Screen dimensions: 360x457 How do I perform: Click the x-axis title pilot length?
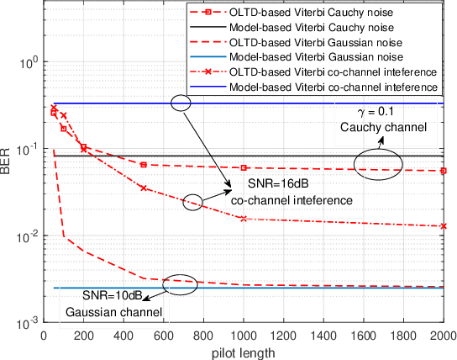tap(244, 351)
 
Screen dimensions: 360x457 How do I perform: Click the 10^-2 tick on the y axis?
tap(27, 236)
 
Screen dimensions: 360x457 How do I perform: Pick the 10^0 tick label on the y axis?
tap(27, 63)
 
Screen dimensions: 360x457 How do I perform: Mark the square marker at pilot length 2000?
tap(443, 171)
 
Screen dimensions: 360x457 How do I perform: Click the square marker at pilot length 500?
tap(144, 165)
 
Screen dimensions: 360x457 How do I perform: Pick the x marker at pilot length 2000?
tap(443, 226)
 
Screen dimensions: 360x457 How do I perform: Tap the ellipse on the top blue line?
tap(180, 103)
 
